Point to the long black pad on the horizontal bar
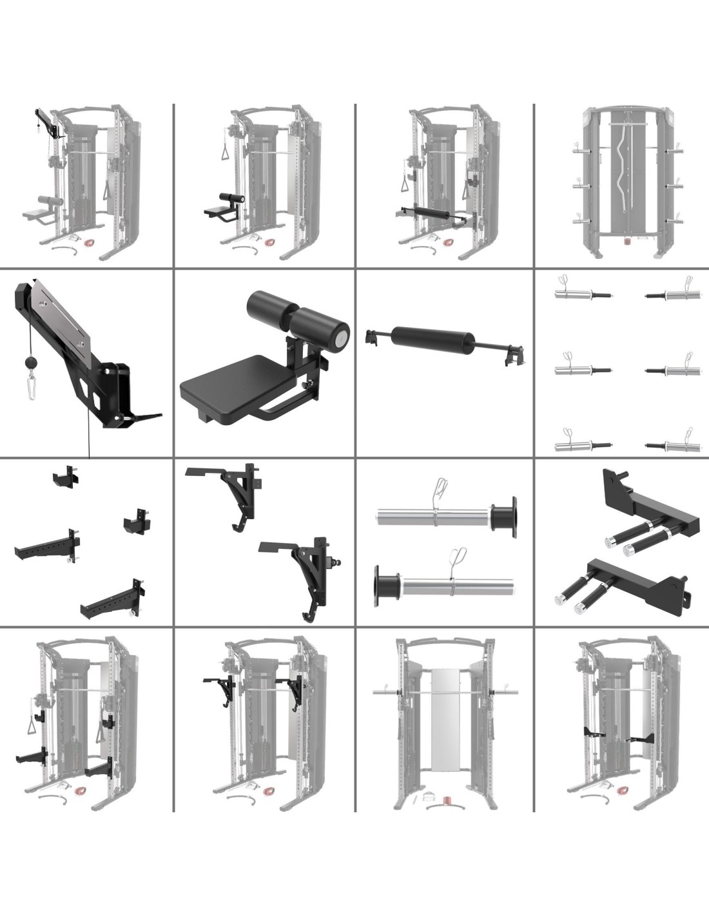pos(434,338)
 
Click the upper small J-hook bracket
pos(66,477)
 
